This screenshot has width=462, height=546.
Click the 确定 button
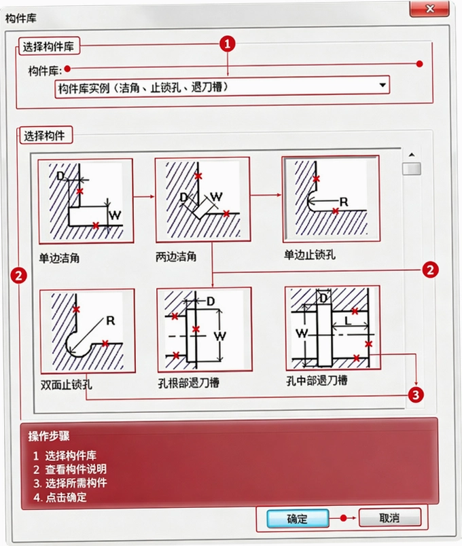(298, 518)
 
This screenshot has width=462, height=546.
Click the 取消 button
(389, 517)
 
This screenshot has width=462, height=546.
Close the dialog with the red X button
(429, 8)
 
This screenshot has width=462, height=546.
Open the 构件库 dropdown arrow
(383, 85)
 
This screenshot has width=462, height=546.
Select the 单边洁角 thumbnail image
(86, 201)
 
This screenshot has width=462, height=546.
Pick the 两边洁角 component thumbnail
(202, 200)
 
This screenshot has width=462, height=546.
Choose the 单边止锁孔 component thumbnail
(331, 198)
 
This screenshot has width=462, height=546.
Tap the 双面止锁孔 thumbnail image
(87, 331)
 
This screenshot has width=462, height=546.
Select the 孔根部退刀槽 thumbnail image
(205, 329)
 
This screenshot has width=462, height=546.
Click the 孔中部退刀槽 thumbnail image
(332, 328)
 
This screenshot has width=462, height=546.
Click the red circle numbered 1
(228, 44)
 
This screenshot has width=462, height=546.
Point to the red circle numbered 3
(416, 395)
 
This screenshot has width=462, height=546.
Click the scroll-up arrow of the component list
(412, 155)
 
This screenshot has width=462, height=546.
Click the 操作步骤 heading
(49, 436)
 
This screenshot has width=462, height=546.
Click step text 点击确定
(66, 497)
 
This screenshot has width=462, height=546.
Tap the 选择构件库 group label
(49, 46)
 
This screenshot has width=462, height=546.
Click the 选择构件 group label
(45, 135)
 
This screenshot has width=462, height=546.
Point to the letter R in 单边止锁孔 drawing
(344, 202)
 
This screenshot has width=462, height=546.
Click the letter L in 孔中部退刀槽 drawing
(348, 321)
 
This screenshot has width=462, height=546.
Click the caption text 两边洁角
(176, 257)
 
